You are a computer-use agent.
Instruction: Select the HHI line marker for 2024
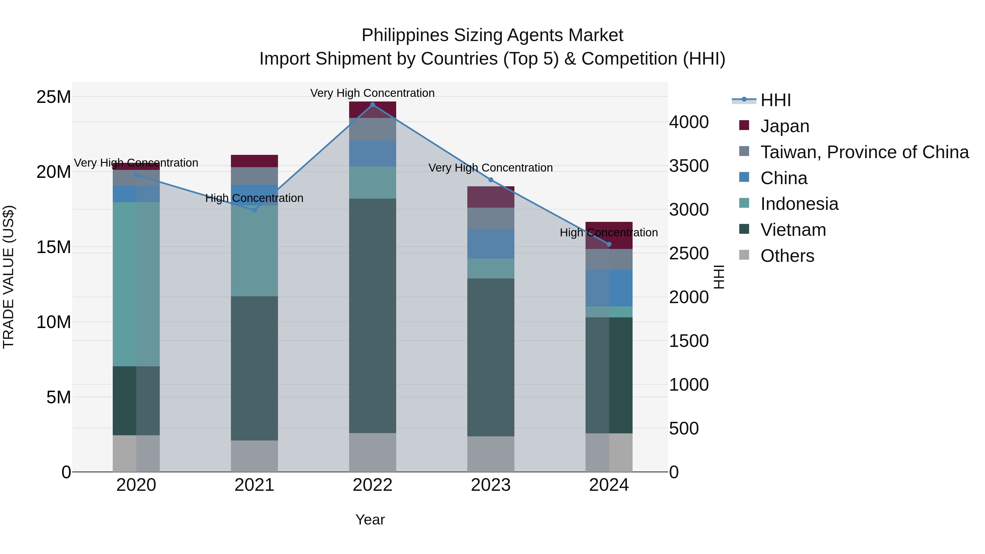click(x=609, y=244)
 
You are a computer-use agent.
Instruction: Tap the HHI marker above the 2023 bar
click(x=491, y=180)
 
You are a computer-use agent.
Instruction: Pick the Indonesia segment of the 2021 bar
click(x=254, y=251)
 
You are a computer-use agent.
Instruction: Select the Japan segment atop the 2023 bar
click(x=491, y=197)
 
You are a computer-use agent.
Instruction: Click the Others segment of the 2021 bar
click(x=254, y=456)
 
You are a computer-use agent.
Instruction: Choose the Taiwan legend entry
click(x=864, y=152)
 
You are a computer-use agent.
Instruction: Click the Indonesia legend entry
click(x=799, y=204)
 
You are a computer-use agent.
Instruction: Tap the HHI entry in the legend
click(x=775, y=100)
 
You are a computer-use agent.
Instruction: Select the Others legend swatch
click(x=744, y=255)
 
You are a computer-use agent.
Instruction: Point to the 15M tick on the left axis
click(x=54, y=247)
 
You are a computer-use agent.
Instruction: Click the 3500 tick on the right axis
click(x=689, y=166)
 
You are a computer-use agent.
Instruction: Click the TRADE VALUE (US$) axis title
click(x=8, y=277)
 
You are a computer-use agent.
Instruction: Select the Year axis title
click(x=370, y=520)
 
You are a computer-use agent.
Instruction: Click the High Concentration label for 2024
click(x=609, y=233)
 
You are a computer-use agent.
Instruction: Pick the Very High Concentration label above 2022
click(x=372, y=93)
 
